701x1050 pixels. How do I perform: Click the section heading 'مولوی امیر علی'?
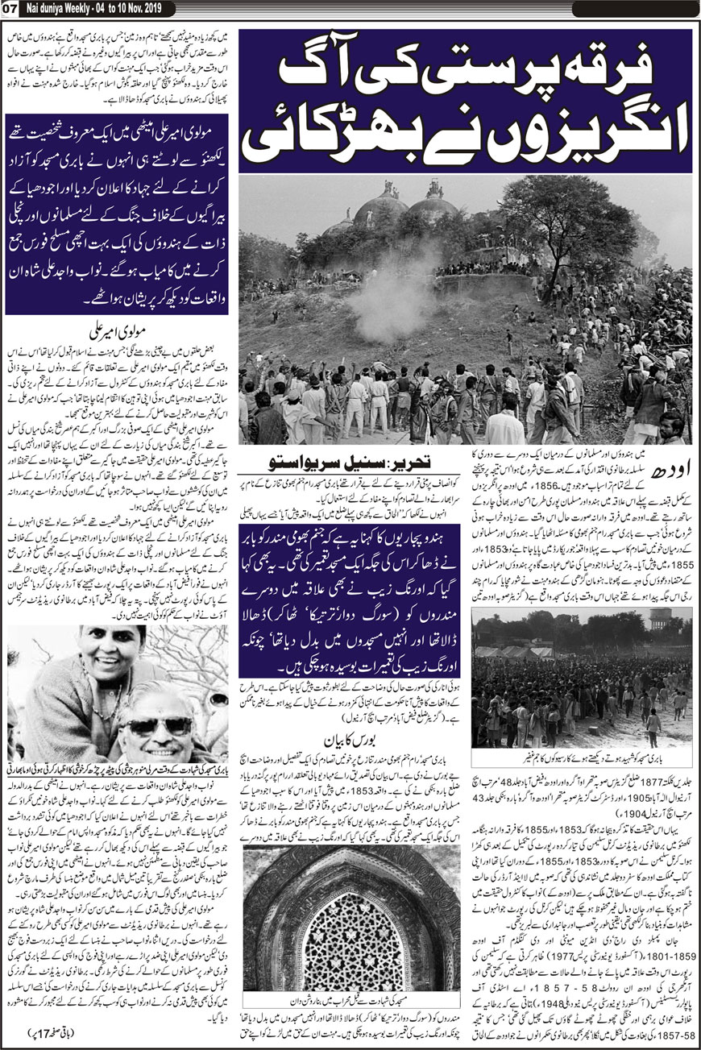pos(118,330)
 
